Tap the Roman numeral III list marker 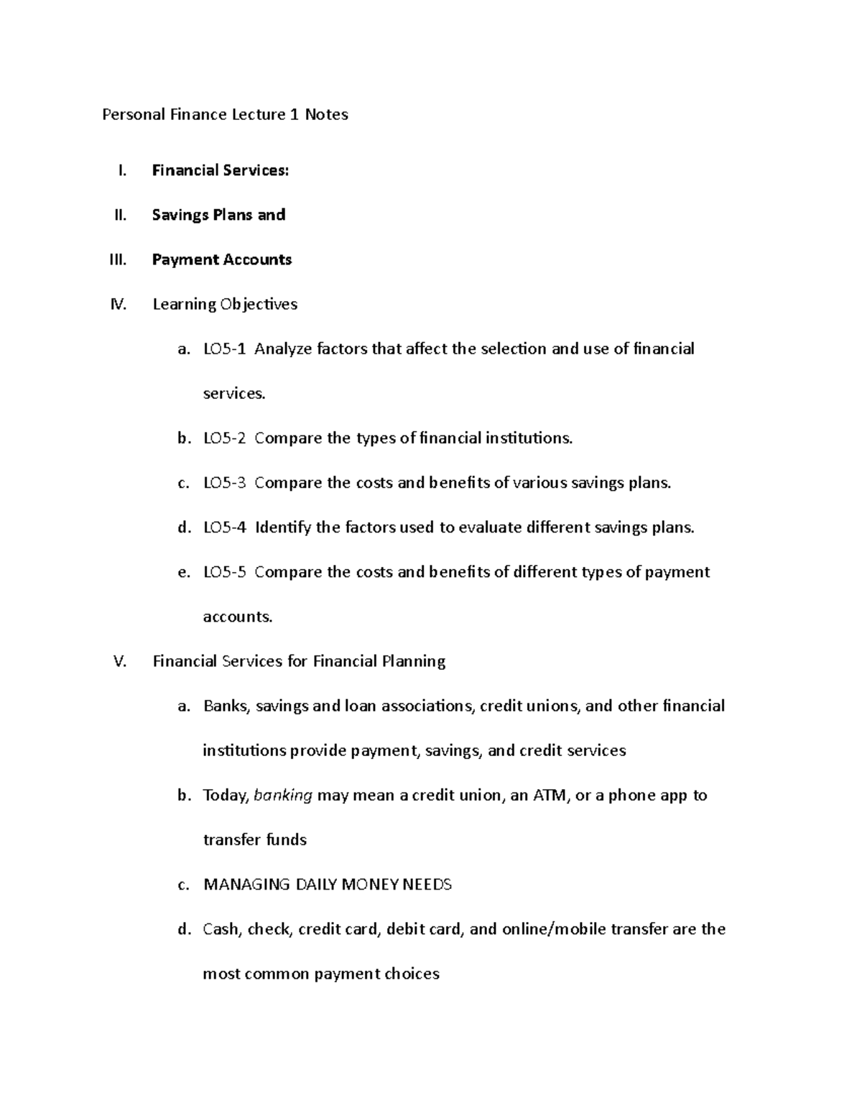(x=118, y=259)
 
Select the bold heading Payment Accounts (x=222, y=259)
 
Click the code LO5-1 (x=224, y=349)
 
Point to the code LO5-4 (x=224, y=527)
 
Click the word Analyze (x=283, y=349)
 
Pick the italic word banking (x=283, y=796)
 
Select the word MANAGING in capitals (x=247, y=885)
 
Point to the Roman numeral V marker (x=120, y=661)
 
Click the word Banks (x=226, y=706)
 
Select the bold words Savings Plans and (x=219, y=215)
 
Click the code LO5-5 (x=224, y=572)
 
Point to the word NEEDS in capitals (x=427, y=885)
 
